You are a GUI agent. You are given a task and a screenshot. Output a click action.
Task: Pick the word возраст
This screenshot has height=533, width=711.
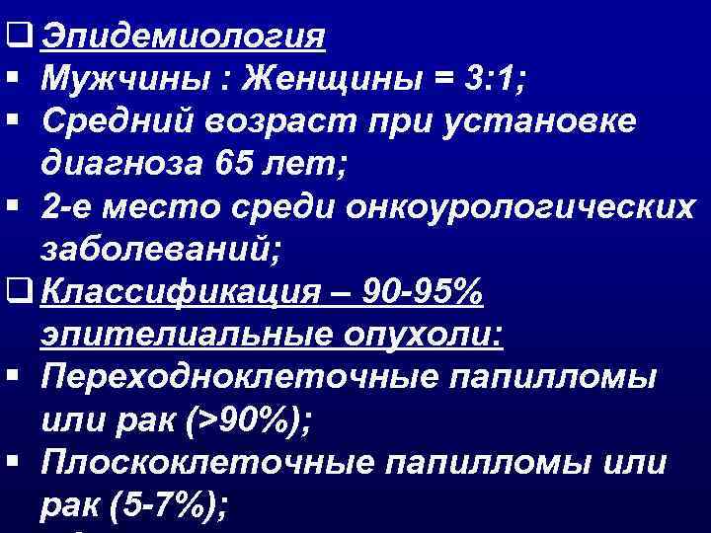(280, 119)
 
